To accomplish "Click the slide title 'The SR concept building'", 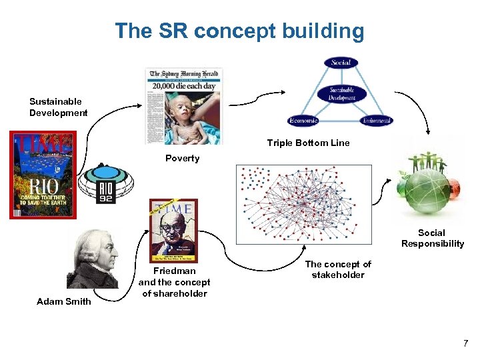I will [x=239, y=31].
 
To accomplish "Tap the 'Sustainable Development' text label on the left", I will [x=58, y=107].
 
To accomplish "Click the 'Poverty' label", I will [x=182, y=158].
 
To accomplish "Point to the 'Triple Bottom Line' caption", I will [x=308, y=143].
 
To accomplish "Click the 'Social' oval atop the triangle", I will [x=341, y=63].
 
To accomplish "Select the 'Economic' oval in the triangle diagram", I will [x=303, y=121].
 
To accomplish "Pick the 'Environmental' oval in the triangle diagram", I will [x=376, y=121].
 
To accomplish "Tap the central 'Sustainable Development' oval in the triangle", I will [x=341, y=93].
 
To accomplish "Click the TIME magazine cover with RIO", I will [x=43, y=175].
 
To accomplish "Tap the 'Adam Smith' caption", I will [x=64, y=301].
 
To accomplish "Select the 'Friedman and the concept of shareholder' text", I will [x=174, y=282].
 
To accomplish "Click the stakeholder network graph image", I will [x=303, y=203].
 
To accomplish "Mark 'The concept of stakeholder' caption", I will [x=338, y=269].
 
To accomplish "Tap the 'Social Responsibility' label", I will [x=432, y=238].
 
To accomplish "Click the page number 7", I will [x=465, y=343].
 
